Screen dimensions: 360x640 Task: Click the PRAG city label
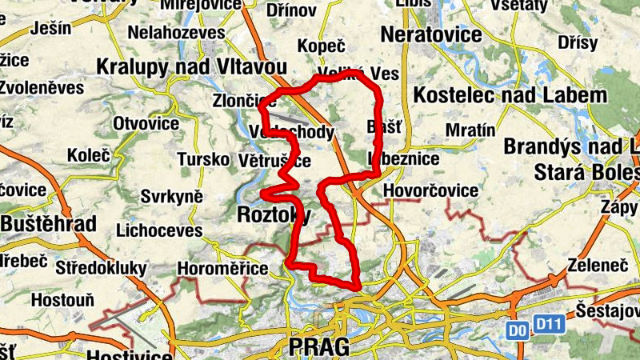(x=319, y=346)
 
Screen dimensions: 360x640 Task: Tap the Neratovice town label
(x=431, y=35)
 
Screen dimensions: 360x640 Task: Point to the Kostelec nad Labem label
(x=510, y=96)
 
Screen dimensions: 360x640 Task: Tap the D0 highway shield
(x=518, y=327)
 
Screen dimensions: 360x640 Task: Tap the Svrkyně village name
(x=171, y=197)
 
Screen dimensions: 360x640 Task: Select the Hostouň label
(x=62, y=300)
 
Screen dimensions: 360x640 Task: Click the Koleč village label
(x=88, y=154)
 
